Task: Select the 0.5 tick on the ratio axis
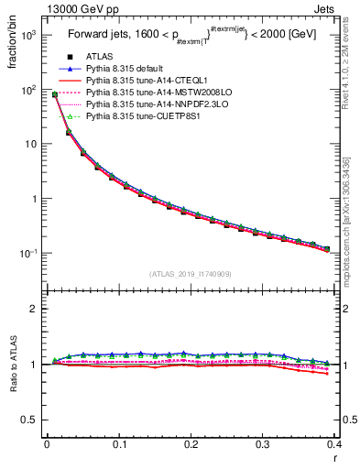point(33,420)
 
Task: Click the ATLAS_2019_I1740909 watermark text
point(190,274)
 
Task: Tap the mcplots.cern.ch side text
point(351,220)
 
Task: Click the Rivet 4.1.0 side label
point(351,64)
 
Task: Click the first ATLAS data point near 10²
point(55,94)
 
